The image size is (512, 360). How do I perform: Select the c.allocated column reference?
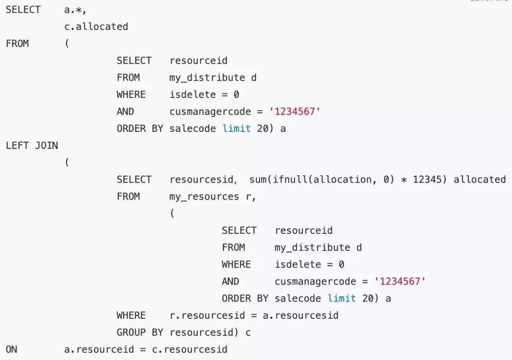coord(96,27)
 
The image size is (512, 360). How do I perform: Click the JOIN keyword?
coord(46,145)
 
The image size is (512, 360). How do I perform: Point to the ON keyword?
coord(11,350)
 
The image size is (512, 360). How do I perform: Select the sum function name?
coord(257,179)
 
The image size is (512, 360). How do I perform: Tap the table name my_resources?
coord(204,196)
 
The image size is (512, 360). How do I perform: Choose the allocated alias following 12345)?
coord(480,179)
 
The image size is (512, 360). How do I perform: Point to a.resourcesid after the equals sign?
coord(301,315)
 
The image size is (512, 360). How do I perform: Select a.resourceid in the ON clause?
coord(99,350)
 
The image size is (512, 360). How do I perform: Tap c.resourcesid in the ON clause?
coord(190,350)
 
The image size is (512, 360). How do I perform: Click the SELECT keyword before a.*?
coord(23,9)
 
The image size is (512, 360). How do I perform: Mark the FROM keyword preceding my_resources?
coord(128,196)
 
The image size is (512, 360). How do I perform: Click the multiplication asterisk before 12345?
coord(404,180)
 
